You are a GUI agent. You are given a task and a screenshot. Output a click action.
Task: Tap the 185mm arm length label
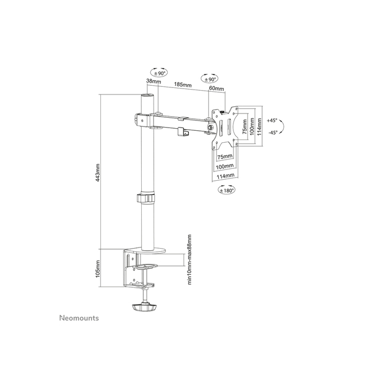click(182, 85)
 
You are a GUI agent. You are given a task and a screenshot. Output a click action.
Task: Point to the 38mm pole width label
click(153, 81)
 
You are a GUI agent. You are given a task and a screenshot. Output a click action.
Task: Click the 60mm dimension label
click(216, 88)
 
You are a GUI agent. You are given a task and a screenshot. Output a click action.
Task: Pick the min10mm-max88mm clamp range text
click(189, 259)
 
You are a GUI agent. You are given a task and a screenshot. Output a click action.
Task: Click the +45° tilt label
click(272, 120)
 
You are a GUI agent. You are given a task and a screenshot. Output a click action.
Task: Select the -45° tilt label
click(272, 132)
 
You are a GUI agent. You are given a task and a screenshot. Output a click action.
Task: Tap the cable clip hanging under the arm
click(181, 131)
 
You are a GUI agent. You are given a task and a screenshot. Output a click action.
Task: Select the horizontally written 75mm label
click(225, 157)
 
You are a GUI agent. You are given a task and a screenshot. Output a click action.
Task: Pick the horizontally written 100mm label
click(225, 166)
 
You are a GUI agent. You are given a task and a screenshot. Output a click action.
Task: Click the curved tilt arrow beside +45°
click(286, 126)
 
